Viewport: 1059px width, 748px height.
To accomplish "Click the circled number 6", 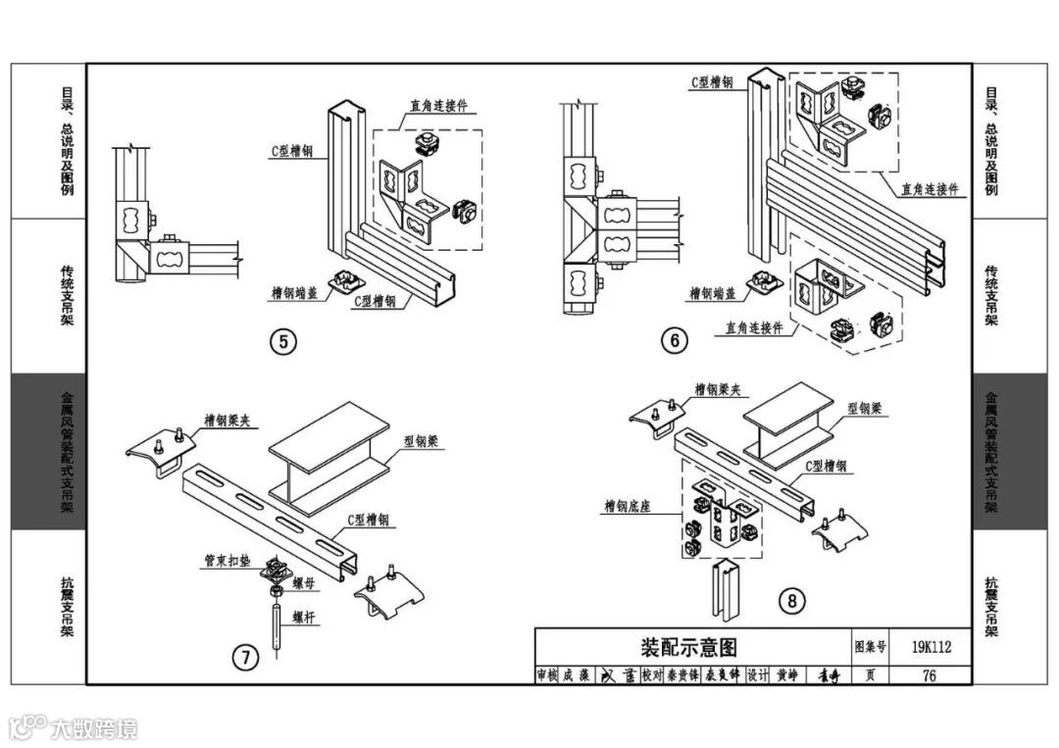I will pos(674,340).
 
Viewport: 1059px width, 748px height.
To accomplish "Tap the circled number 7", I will pos(247,657).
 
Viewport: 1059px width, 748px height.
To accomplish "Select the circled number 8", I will pos(792,600).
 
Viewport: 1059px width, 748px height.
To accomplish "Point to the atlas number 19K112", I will pos(930,646).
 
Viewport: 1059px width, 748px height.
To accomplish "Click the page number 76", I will pos(929,674).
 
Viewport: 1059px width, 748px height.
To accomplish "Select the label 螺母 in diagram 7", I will pos(303,582).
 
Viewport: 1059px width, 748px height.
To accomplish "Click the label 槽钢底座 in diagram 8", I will pos(629,507).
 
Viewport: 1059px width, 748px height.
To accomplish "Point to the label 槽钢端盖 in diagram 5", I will pos(295,292).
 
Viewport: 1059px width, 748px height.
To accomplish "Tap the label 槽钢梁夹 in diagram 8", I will pos(719,389).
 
